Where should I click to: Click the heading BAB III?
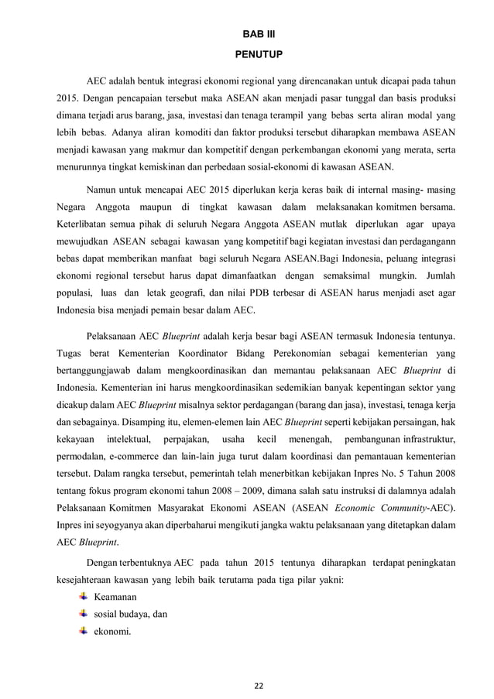click(x=248, y=35)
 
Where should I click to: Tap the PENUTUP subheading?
click(x=248, y=55)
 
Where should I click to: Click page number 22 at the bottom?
click(x=248, y=684)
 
